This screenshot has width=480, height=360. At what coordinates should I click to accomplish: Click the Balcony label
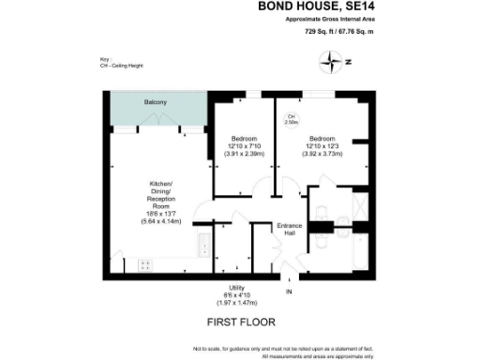(156, 102)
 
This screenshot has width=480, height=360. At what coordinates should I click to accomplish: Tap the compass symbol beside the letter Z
(333, 64)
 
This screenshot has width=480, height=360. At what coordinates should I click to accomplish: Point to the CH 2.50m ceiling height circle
(292, 119)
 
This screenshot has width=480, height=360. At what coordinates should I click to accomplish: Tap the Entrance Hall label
(288, 229)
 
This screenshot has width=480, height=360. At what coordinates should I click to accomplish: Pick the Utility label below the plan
(239, 288)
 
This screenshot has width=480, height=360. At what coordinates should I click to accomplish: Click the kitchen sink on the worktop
(204, 247)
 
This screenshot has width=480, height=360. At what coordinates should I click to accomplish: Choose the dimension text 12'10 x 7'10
(244, 146)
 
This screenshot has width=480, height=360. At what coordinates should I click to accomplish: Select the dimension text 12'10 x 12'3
(323, 146)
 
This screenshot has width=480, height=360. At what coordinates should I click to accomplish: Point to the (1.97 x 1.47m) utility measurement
(239, 303)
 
